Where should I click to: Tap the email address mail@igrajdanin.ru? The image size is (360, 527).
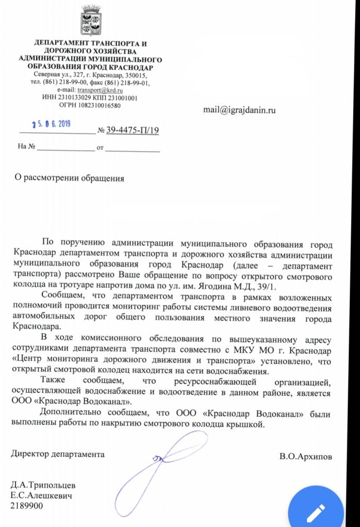[239, 110]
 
